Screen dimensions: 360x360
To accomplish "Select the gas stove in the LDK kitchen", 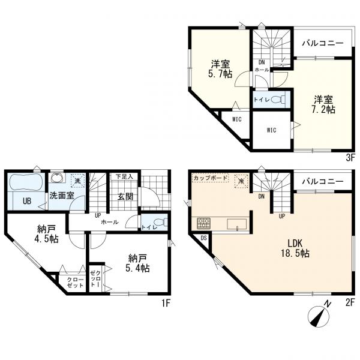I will click(x=202, y=223).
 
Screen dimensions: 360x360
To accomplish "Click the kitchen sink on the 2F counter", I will click(x=236, y=224).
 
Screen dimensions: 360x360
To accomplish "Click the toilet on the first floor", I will click(x=158, y=221).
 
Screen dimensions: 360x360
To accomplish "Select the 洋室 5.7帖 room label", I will click(x=219, y=69).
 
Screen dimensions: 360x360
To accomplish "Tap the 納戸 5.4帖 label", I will click(x=137, y=263).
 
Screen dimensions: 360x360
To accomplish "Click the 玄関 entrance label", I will click(x=124, y=197).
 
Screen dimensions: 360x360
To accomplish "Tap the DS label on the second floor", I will click(x=203, y=238).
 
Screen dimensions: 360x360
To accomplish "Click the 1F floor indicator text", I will click(x=166, y=303).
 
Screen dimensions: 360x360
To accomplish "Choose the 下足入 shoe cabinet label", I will click(x=124, y=177).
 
